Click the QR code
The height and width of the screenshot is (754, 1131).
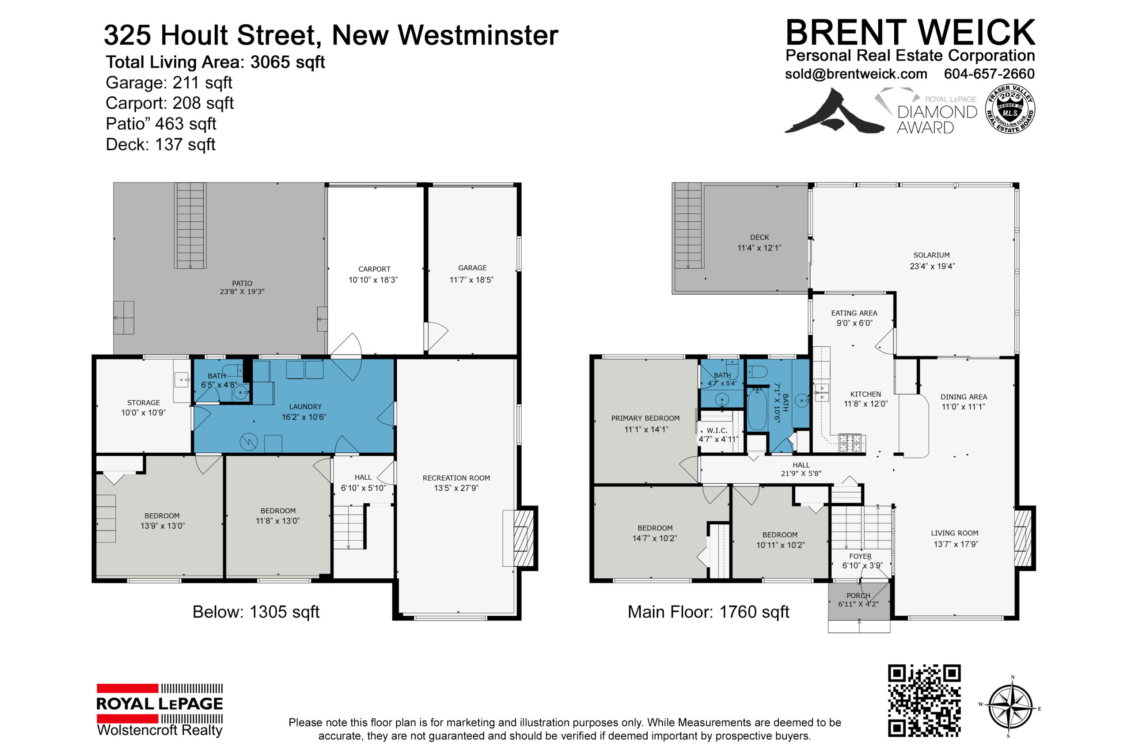tap(924, 701)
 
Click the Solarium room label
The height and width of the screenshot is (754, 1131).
tap(931, 255)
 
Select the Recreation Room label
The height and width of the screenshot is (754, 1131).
tap(456, 478)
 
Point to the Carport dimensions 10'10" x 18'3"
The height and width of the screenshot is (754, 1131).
tap(373, 280)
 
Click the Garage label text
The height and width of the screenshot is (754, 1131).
tap(472, 268)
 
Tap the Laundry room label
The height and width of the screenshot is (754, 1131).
tap(305, 407)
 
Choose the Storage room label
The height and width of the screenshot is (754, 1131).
tap(143, 403)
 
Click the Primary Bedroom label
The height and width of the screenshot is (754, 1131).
tap(645, 418)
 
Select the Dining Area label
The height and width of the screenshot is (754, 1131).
tap(964, 397)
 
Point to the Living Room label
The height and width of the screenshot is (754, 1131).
tap(955, 533)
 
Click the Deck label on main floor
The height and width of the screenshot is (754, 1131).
tap(759, 238)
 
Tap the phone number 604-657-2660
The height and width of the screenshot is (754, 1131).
tap(989, 74)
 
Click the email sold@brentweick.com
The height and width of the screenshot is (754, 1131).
tap(856, 74)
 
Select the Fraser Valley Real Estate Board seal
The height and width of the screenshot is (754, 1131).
tap(1010, 109)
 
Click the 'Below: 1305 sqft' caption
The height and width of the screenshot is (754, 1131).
tap(256, 612)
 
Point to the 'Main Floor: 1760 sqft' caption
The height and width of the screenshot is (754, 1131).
tap(708, 612)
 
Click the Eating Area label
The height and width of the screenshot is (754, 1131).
tap(854, 313)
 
